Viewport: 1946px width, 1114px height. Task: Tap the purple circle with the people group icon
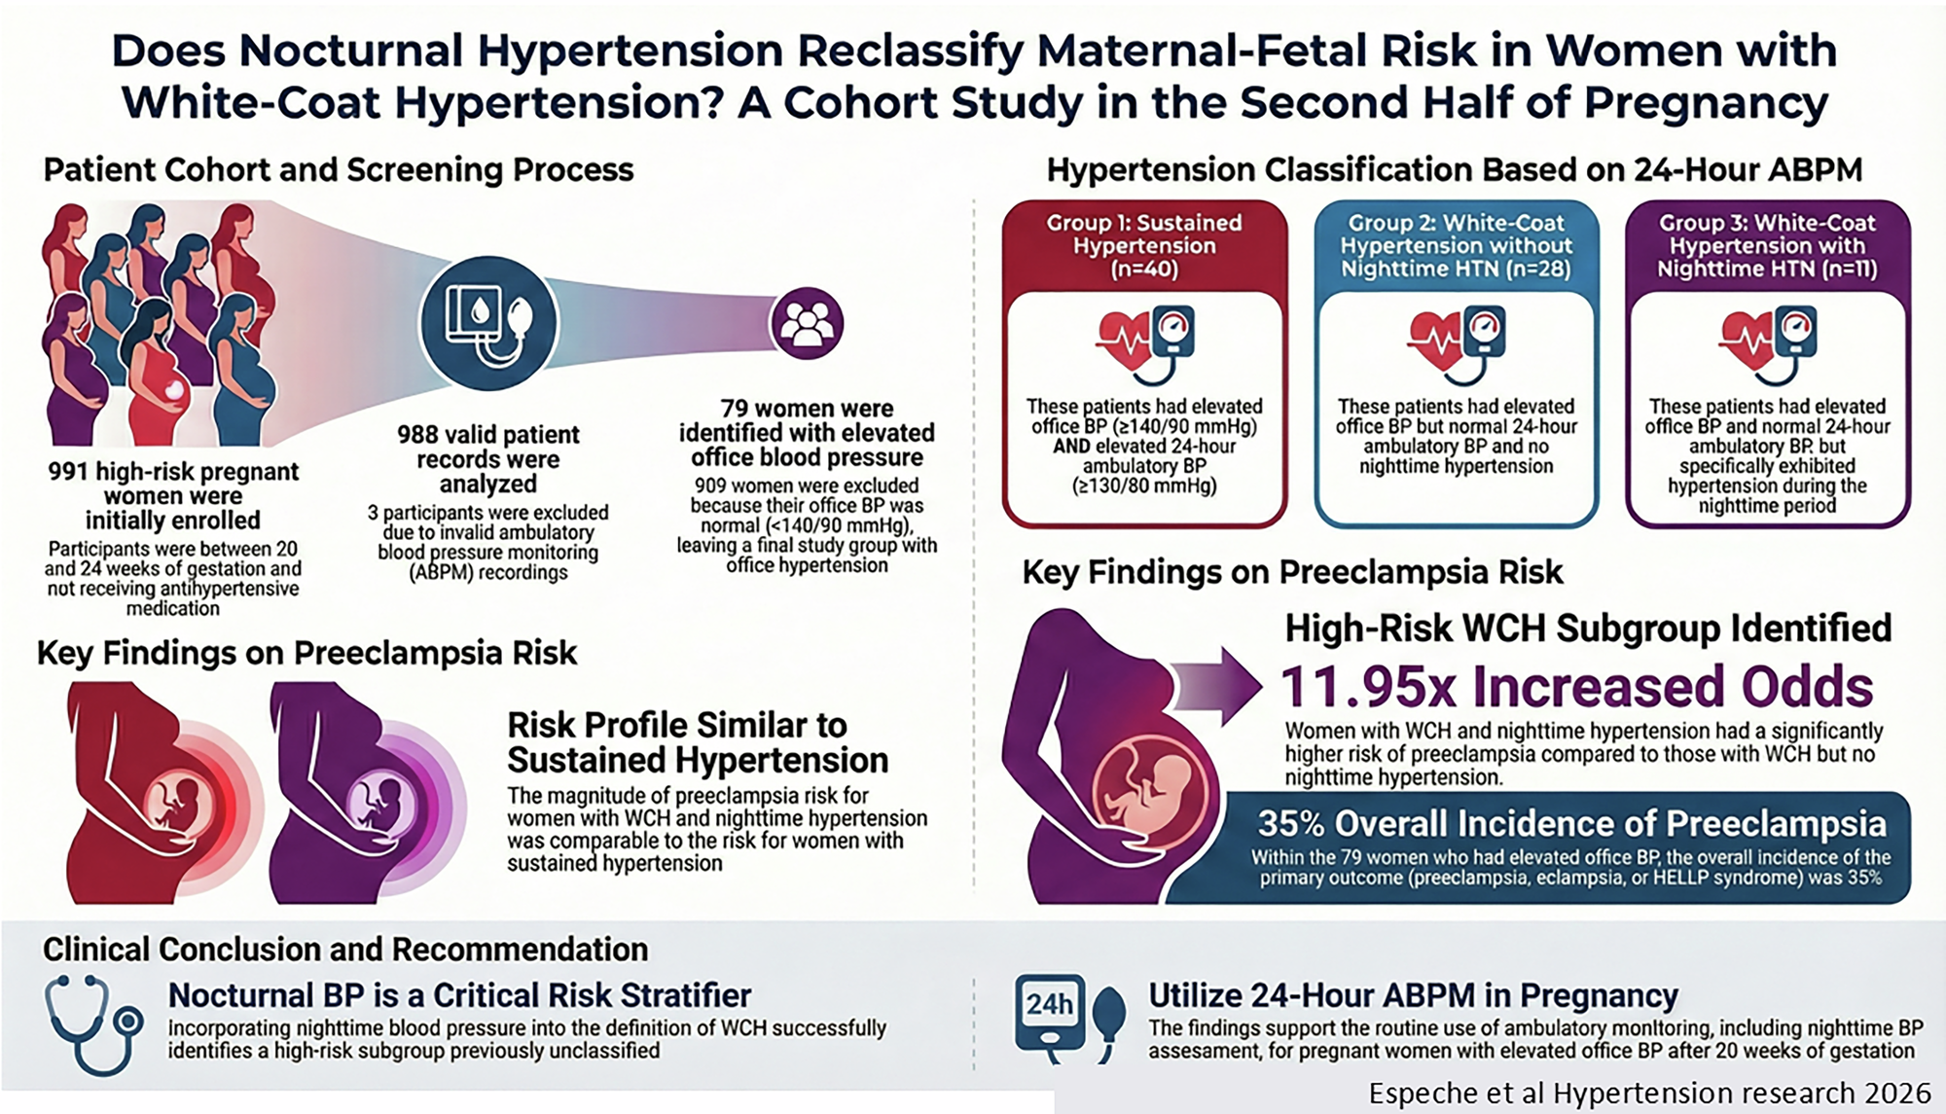point(807,324)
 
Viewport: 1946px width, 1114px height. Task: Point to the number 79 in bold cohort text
point(734,409)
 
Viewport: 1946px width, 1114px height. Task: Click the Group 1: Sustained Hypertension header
point(1144,246)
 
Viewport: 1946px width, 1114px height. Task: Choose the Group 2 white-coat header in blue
point(1456,246)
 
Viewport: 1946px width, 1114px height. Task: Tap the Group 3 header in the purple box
point(1767,246)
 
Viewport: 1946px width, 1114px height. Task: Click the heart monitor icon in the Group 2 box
point(1457,344)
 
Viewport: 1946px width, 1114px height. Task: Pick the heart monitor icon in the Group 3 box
point(1768,344)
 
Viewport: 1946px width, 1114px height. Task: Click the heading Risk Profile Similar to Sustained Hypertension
point(698,742)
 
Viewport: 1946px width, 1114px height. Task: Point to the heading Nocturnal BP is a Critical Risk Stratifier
point(459,995)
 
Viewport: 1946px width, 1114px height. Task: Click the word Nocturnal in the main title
point(351,51)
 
